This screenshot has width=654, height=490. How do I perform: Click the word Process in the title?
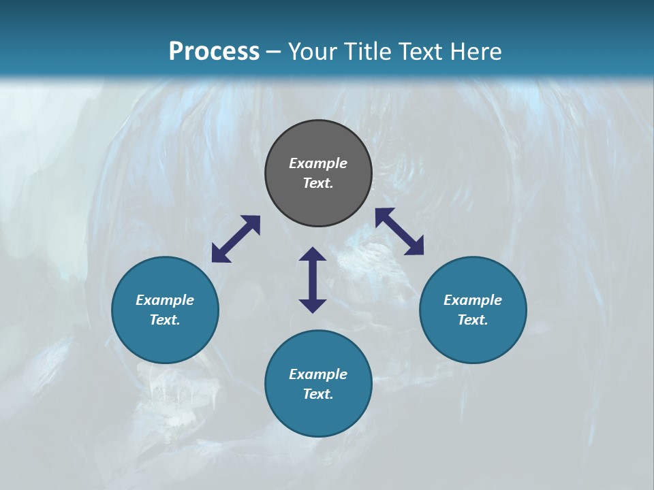pyautogui.click(x=214, y=52)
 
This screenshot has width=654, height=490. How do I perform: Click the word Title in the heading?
pyautogui.click(x=367, y=52)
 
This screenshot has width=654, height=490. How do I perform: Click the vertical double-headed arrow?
pyautogui.click(x=313, y=280)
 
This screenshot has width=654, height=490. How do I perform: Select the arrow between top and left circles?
pyautogui.click(x=236, y=239)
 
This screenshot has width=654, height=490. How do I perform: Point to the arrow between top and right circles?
pyautogui.click(x=399, y=231)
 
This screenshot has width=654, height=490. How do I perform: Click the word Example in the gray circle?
pyautogui.click(x=318, y=163)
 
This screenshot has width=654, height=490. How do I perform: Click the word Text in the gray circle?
pyautogui.click(x=317, y=183)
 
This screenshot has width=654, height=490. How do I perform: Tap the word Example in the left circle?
pyautogui.click(x=165, y=300)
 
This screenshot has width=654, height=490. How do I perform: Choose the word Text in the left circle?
pyautogui.click(x=164, y=320)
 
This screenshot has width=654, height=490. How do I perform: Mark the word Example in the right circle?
pyautogui.click(x=473, y=300)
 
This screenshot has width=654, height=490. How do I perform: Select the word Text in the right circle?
pyautogui.click(x=472, y=320)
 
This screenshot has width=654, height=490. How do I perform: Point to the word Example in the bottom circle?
pyautogui.click(x=318, y=374)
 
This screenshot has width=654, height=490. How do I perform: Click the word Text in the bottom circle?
pyautogui.click(x=317, y=394)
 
